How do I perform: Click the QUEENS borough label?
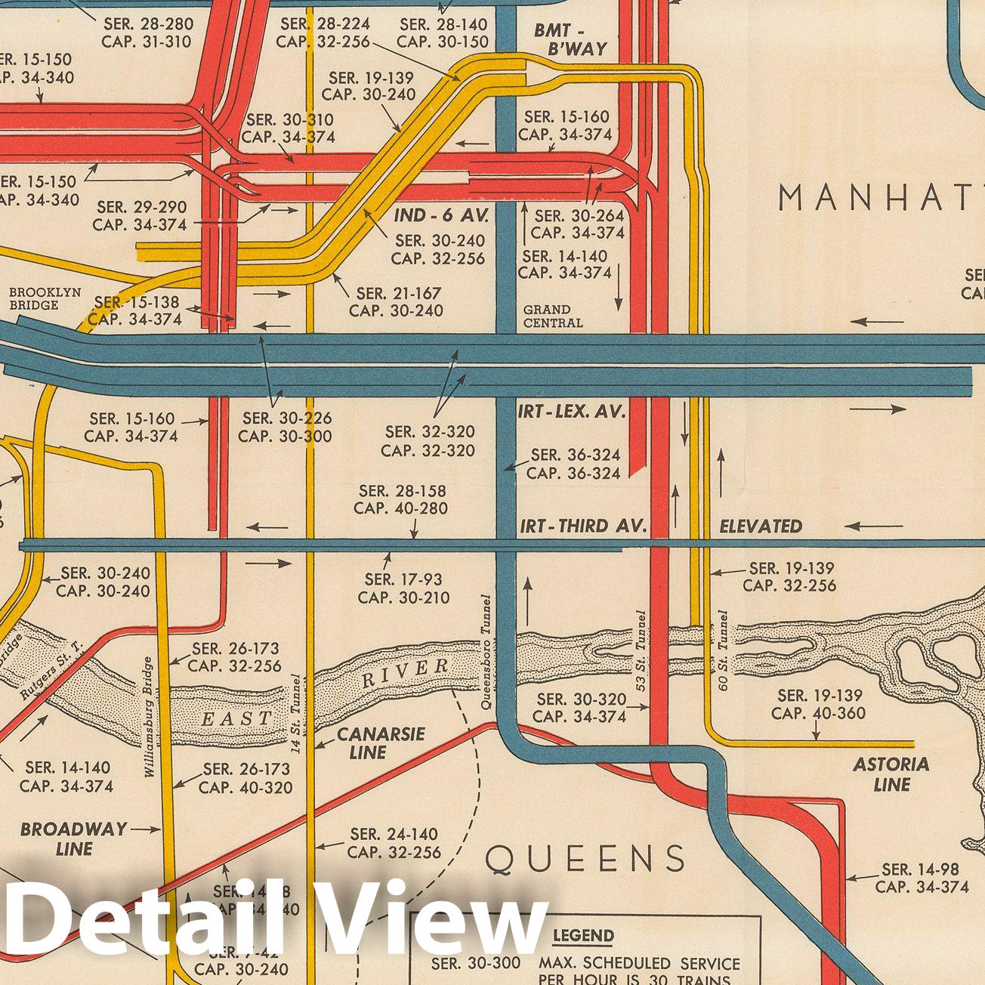click(585, 859)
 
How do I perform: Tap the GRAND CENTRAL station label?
click(553, 316)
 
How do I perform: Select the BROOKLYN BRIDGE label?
click(45, 299)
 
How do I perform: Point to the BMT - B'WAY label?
click(570, 39)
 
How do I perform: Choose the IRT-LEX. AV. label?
click(572, 412)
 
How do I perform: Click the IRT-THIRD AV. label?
click(582, 526)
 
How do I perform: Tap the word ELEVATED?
click(760, 526)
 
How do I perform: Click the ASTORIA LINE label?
click(891, 774)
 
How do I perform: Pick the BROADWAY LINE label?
click(73, 838)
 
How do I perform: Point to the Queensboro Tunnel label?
click(487, 652)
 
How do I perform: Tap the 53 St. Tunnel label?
click(641, 651)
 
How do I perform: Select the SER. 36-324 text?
click(576, 455)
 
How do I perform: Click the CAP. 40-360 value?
click(818, 714)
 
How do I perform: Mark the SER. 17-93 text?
click(403, 579)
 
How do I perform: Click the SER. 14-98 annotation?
click(921, 870)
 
